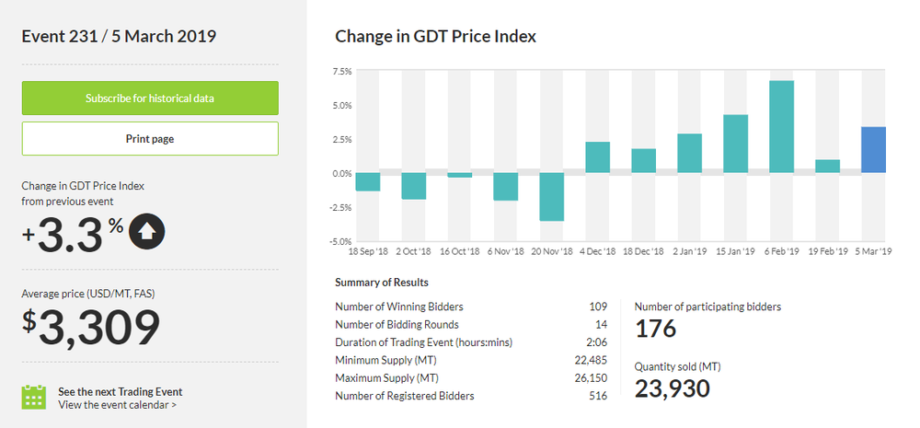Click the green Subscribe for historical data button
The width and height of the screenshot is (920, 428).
coord(150,98)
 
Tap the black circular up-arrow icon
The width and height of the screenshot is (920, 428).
coord(148,232)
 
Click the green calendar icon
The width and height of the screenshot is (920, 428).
coord(34,397)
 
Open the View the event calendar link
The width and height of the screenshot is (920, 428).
coord(118,404)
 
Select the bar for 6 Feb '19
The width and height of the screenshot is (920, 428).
coord(781,127)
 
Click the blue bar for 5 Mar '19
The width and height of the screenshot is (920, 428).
coord(873,150)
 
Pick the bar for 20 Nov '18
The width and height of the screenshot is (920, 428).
coord(551,197)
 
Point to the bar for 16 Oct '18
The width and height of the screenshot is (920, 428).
coord(459,175)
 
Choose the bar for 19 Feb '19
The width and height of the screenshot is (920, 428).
coord(827,167)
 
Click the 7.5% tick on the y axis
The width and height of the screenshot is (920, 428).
coord(341,71)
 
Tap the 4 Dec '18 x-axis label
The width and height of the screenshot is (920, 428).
coord(597,251)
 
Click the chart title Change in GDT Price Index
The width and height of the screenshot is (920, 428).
coord(435,37)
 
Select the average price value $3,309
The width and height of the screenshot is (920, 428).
coord(91,329)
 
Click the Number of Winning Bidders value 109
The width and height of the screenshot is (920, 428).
coord(598,307)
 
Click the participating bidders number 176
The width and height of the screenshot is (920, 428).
coord(655,329)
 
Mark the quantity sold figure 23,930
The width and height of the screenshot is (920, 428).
coord(672,388)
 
